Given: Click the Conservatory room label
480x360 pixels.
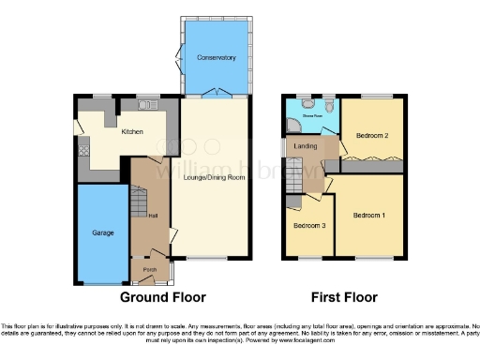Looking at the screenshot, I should click(x=216, y=58).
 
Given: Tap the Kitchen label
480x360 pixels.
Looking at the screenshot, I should click(x=131, y=132).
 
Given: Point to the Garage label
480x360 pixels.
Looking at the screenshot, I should click(x=102, y=232).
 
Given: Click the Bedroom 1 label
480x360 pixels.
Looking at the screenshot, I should click(x=368, y=215).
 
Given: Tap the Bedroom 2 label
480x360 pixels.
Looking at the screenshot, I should click(x=372, y=137).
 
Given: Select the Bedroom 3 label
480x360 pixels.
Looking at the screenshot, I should click(x=307, y=226).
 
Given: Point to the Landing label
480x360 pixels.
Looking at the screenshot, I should click(x=306, y=146).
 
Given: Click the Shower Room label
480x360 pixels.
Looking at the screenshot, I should click(x=311, y=115).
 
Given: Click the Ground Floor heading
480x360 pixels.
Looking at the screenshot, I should click(x=162, y=297).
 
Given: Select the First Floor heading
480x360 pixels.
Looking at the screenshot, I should click(x=344, y=297).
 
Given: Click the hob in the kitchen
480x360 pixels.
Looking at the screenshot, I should click(x=82, y=144).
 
